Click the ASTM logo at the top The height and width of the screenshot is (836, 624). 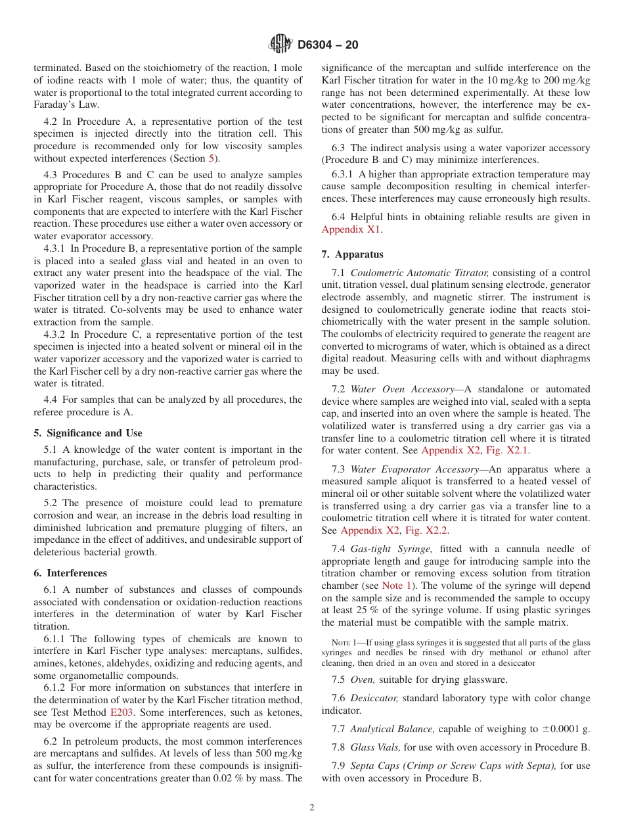280,45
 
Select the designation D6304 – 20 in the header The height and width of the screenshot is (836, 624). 328,45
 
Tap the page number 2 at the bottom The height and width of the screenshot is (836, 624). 312,808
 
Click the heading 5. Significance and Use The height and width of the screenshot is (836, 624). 88,433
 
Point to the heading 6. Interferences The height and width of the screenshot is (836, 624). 70,573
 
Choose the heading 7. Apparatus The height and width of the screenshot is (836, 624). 353,254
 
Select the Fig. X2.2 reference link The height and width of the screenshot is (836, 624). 428,530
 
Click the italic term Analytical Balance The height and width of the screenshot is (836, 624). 391,729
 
